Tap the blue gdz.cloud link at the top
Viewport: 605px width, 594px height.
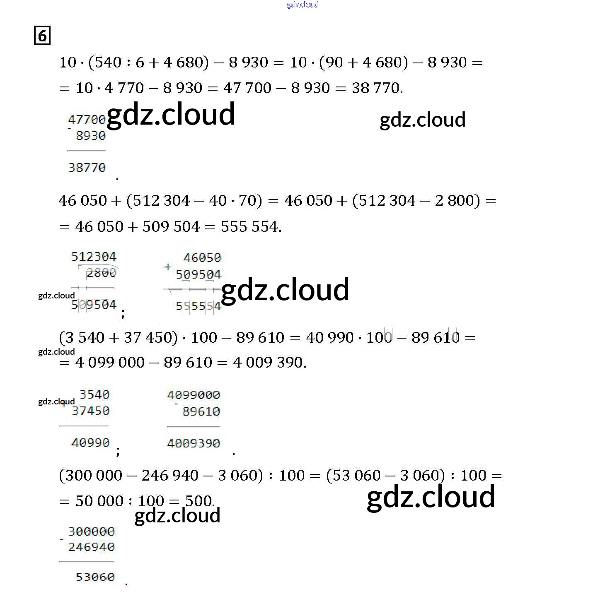(302, 5)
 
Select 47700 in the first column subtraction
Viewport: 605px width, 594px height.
(87, 120)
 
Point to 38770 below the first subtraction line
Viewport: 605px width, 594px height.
(87, 168)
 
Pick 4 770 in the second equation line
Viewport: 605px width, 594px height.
(124, 88)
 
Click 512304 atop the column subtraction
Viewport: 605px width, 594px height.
(94, 257)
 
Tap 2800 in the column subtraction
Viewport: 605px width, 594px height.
(101, 273)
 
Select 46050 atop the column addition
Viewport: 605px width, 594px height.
(202, 258)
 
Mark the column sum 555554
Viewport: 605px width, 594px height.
(198, 306)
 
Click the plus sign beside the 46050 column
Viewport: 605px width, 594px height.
(168, 267)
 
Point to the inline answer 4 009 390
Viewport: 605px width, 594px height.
(269, 363)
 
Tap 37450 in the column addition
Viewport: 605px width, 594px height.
(91, 411)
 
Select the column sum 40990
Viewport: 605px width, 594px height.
(90, 443)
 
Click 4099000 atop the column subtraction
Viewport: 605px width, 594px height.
(194, 395)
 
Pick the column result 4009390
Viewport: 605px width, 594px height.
(194, 443)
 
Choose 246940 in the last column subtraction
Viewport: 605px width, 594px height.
(91, 547)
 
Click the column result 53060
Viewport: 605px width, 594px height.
(95, 577)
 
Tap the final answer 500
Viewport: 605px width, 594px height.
(198, 501)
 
